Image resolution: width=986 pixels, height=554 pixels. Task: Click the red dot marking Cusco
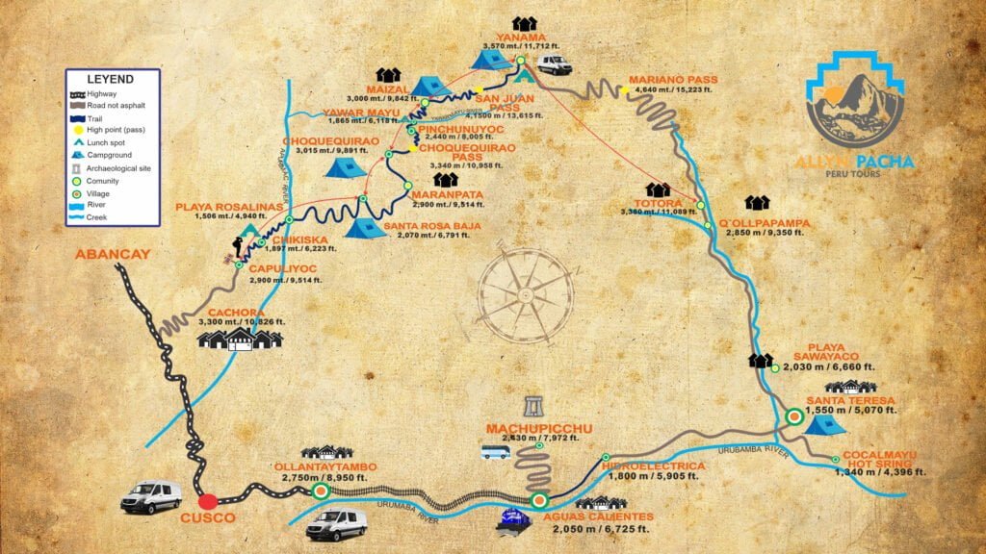207,501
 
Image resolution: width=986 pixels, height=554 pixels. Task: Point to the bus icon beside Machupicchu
495,451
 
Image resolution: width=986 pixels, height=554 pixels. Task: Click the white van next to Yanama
554,64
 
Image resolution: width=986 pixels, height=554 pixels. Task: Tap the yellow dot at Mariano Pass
625,90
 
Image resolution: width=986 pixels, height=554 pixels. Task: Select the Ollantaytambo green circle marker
321,491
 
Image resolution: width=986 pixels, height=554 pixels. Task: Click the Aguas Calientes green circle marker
539,500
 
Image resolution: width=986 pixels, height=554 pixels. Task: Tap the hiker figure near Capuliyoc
237,247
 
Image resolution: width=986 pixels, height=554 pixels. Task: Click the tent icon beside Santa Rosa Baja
365,227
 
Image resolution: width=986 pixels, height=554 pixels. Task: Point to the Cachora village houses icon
240,339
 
